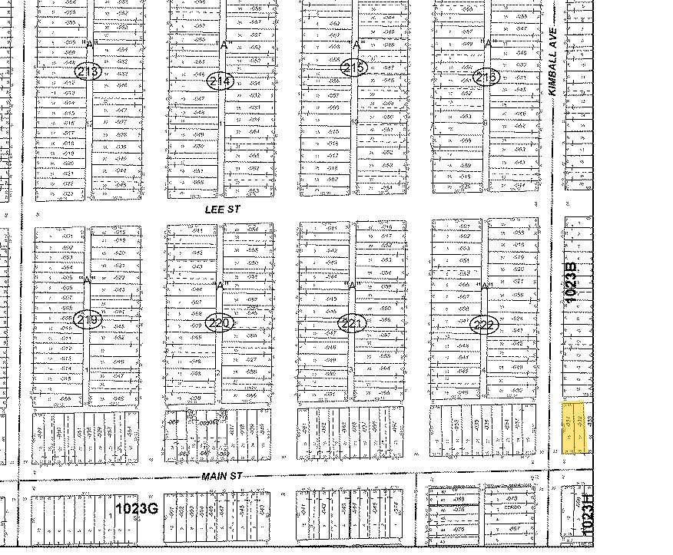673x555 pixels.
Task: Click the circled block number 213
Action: point(88,71)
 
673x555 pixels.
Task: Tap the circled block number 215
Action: point(354,68)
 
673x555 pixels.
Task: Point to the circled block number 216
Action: point(487,77)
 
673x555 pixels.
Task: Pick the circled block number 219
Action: point(88,320)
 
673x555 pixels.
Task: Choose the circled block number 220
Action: point(220,323)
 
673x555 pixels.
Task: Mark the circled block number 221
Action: point(353,324)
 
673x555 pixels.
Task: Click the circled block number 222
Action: point(485,325)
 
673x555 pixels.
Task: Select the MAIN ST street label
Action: point(221,477)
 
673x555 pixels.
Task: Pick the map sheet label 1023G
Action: point(136,508)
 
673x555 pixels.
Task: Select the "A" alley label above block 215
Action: point(356,45)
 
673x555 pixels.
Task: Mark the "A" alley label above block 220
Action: point(220,286)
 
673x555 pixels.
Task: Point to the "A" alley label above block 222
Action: point(486,286)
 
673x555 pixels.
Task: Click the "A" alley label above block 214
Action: point(224,45)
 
